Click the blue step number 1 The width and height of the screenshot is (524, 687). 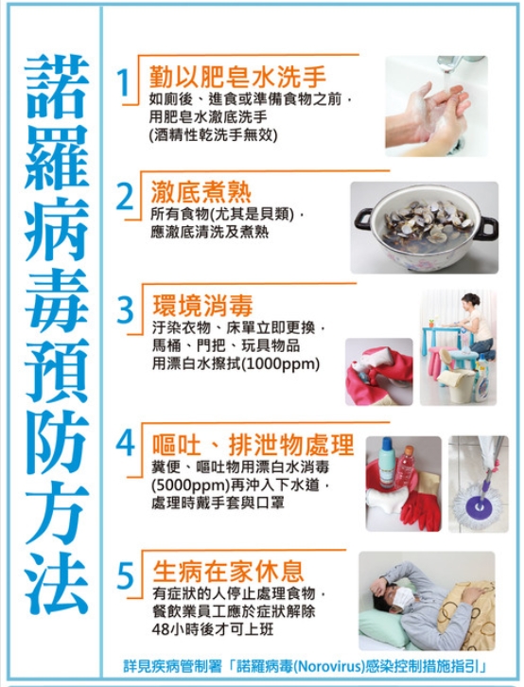pyautogui.click(x=124, y=83)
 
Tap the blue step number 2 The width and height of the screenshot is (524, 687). pyautogui.click(x=124, y=197)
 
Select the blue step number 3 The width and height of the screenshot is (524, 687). pyautogui.click(x=125, y=309)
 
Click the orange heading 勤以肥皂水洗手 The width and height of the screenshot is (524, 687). pyautogui.click(x=237, y=78)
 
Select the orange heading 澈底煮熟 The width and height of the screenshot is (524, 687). pyautogui.click(x=201, y=192)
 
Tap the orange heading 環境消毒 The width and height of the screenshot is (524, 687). pyautogui.click(x=202, y=306)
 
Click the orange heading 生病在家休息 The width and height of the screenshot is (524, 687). pyautogui.click(x=228, y=571)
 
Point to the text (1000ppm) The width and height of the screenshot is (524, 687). pyautogui.click(x=281, y=363)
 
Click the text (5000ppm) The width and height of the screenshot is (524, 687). pyautogui.click(x=191, y=485)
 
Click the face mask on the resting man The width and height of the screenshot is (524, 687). pyautogui.click(x=403, y=599)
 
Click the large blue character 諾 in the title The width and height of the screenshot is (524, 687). pyautogui.click(x=56, y=87)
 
